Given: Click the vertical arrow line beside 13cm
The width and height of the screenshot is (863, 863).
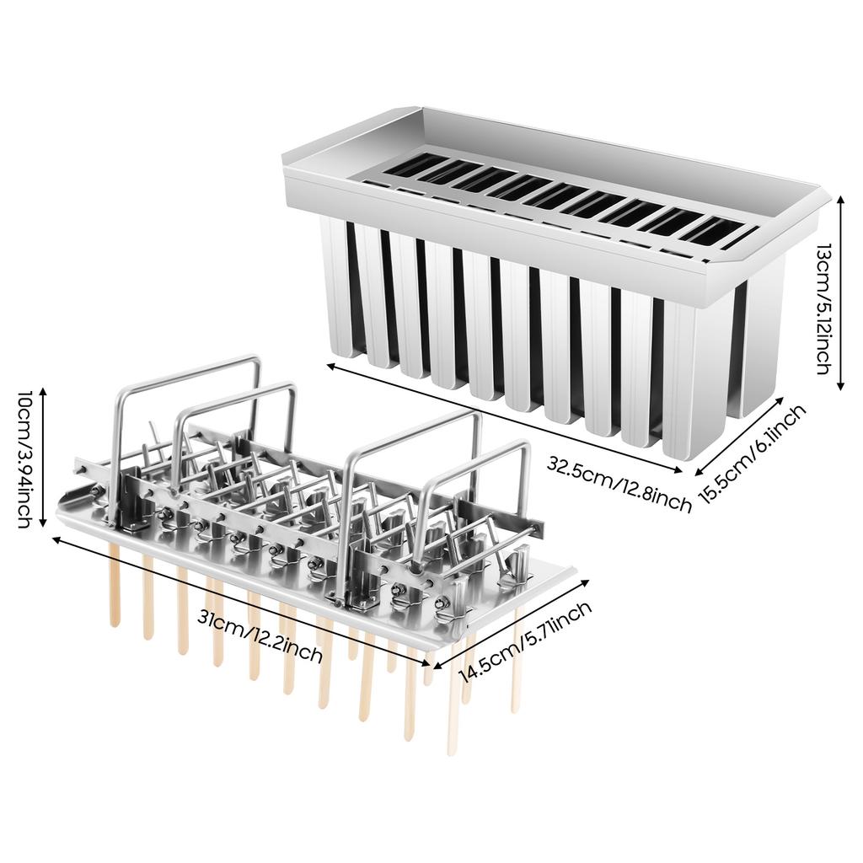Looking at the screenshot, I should (839, 291).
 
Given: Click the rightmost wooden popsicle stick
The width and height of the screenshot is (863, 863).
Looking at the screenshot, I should (515, 666).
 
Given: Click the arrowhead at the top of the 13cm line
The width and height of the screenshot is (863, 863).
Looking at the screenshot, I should (839, 196).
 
